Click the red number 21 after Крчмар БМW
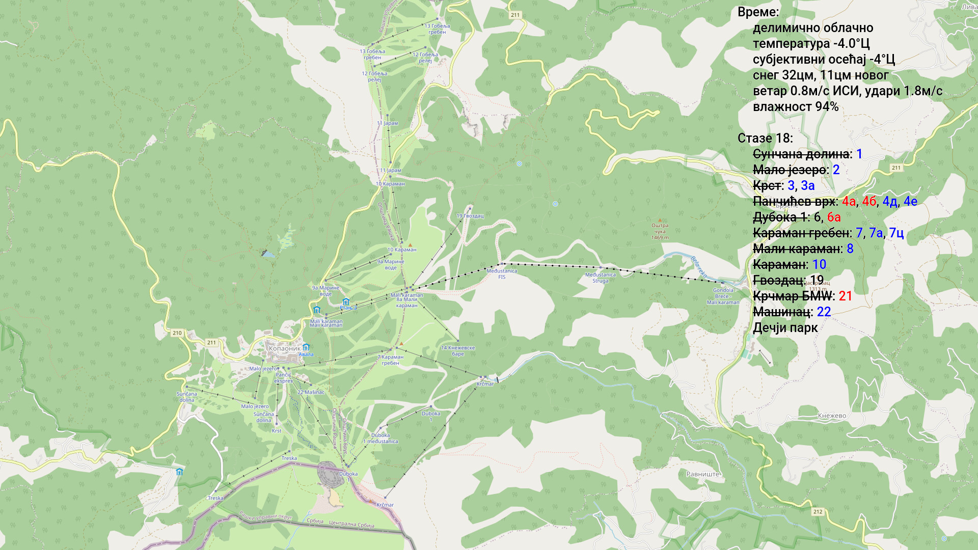click(845, 296)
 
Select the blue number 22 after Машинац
click(824, 312)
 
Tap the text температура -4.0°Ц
click(811, 44)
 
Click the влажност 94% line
click(795, 107)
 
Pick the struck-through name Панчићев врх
click(794, 202)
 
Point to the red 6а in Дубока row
click(834, 217)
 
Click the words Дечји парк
click(785, 328)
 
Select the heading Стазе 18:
click(765, 139)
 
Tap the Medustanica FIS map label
click(502, 274)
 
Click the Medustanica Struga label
click(600, 278)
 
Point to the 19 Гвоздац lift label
click(470, 216)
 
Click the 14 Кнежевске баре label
click(457, 351)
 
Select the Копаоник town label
click(284, 349)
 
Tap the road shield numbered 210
click(177, 333)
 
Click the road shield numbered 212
click(818, 512)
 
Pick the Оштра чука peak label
click(660, 229)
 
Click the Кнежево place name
click(832, 416)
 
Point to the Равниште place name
click(703, 474)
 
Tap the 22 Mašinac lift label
click(311, 392)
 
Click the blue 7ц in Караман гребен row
click(896, 233)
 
